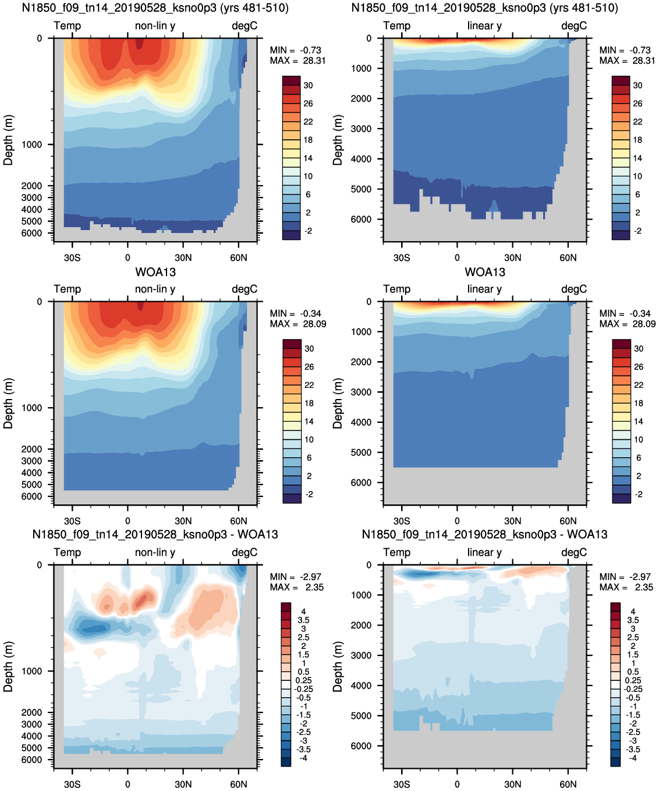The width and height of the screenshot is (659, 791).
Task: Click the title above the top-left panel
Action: tap(155, 8)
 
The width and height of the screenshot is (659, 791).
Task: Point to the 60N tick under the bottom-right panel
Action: tap(568, 784)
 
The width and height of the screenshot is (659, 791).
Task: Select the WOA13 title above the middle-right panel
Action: tap(485, 272)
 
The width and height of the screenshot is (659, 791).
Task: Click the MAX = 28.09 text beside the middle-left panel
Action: tap(297, 324)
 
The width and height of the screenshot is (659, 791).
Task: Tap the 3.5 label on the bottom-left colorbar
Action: tap(303, 620)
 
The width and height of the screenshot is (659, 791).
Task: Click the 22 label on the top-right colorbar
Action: tap(637, 122)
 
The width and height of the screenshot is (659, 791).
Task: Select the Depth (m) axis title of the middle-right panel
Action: tap(337, 403)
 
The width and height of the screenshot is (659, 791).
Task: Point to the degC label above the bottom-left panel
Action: tap(245, 552)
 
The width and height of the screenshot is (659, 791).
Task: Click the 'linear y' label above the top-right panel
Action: tap(484, 26)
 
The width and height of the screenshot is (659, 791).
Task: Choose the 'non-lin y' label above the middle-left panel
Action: tap(155, 289)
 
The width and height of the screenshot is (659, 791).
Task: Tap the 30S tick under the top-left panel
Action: tap(72, 257)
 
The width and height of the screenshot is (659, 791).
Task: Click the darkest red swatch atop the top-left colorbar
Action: tap(291, 81)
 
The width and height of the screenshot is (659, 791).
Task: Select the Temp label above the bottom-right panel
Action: tap(397, 552)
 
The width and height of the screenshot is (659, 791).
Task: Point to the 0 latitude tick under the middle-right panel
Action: tap(457, 521)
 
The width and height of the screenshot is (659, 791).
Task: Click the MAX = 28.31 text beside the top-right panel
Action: tap(627, 61)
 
